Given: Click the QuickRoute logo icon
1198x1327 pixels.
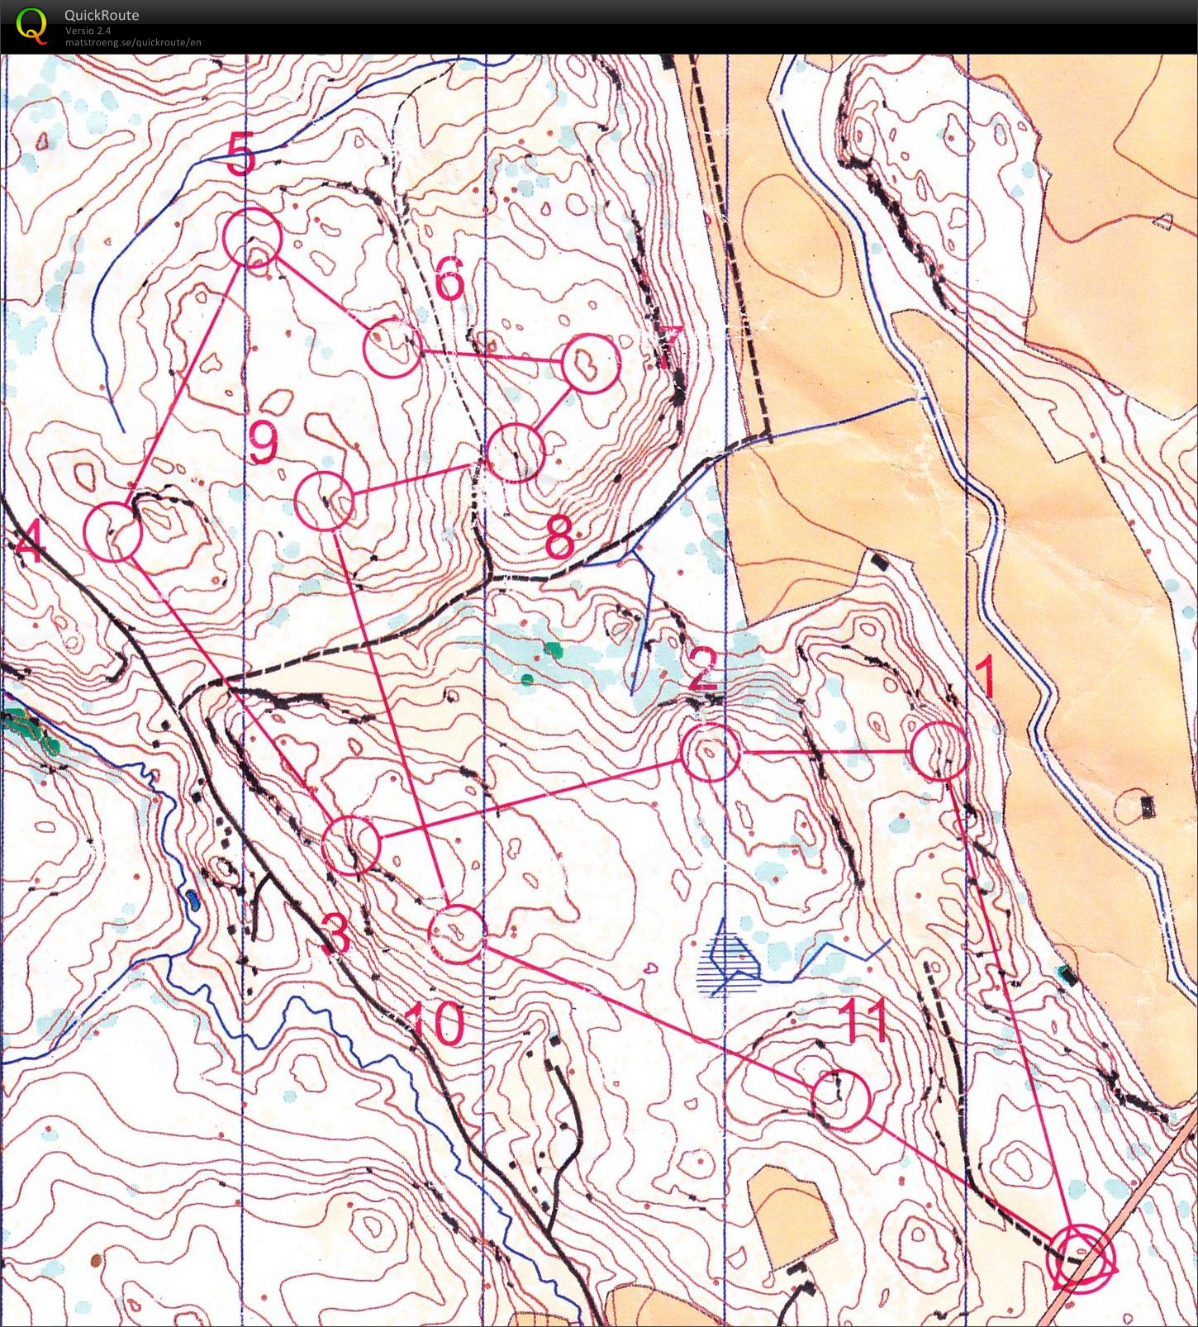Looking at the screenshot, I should click(x=31, y=24).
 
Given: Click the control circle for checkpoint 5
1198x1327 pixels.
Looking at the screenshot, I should click(x=253, y=238).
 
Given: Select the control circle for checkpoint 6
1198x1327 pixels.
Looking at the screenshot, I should click(x=392, y=349).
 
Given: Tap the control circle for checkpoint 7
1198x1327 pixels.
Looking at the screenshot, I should click(x=590, y=363).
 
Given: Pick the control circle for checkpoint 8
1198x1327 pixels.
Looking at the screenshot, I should click(x=516, y=452).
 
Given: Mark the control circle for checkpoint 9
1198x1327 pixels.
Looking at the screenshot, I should click(x=325, y=502).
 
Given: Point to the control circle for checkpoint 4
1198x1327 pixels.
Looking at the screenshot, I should click(x=113, y=532).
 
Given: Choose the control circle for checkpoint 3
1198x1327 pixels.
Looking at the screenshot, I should click(x=351, y=844).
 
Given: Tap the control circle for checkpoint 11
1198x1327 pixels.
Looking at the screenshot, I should click(x=841, y=1100).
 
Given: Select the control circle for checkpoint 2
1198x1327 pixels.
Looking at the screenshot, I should click(x=710, y=752).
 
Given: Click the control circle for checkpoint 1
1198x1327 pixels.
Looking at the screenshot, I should click(x=939, y=750).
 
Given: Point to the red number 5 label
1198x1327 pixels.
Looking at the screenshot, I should click(x=240, y=155).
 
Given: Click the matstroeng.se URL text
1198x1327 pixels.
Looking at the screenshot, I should click(x=133, y=42).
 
